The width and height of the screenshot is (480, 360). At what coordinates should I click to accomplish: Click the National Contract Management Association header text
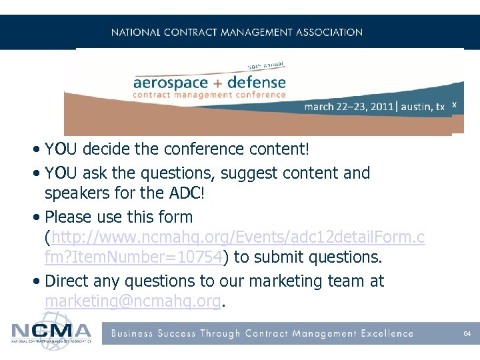(x=237, y=32)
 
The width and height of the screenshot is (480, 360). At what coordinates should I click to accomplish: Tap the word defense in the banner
(x=256, y=83)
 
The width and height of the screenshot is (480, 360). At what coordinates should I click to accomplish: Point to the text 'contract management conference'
(x=209, y=95)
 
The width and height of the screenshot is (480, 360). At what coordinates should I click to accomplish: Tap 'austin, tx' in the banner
(x=423, y=107)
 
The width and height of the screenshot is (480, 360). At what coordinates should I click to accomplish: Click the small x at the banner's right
(x=454, y=105)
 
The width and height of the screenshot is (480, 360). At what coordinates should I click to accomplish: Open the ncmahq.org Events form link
(x=233, y=237)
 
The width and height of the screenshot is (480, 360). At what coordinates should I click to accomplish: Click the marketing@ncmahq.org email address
(x=132, y=301)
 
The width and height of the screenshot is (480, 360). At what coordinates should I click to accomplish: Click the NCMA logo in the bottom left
(x=51, y=332)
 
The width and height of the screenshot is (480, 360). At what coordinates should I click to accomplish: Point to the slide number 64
(x=467, y=333)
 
